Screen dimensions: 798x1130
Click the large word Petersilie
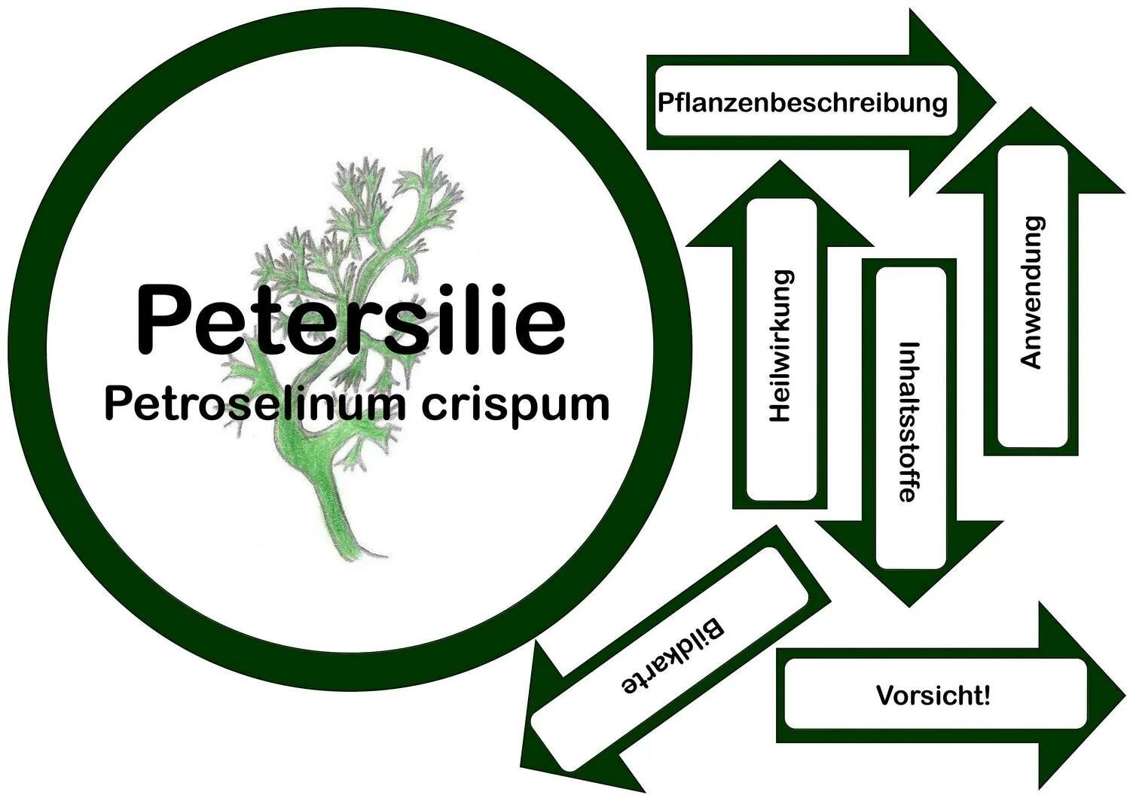tap(350, 320)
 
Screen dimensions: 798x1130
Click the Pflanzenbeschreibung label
tap(802, 102)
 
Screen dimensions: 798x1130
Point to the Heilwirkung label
tap(780, 346)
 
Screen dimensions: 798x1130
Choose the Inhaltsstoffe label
tap(910, 422)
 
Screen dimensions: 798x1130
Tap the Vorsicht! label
tap(933, 695)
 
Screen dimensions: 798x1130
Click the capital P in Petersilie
tap(160, 320)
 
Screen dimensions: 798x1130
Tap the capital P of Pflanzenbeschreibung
tap(665, 102)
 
